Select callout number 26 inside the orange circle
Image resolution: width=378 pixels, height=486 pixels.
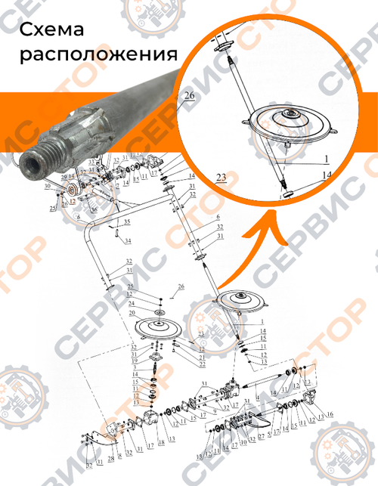point(188,96)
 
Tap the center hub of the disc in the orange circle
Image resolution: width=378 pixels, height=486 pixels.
point(291,114)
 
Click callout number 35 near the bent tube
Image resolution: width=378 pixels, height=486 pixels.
point(127,221)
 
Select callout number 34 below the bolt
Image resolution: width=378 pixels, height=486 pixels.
point(128,240)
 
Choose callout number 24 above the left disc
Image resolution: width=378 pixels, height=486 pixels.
point(131,303)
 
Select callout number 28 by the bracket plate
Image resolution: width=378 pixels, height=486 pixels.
point(110,459)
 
